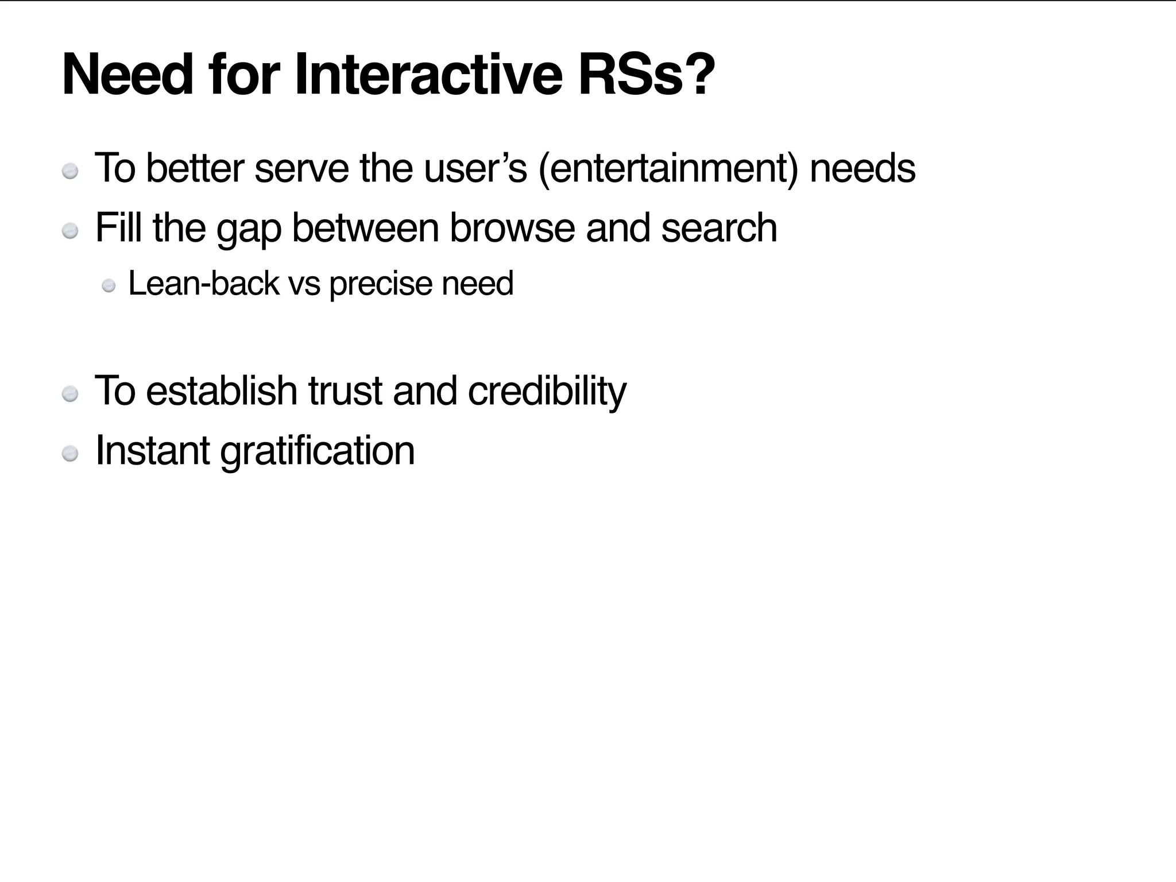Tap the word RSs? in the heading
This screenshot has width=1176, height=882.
(x=647, y=75)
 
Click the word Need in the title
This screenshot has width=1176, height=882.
(x=127, y=75)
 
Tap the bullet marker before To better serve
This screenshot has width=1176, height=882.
(x=70, y=172)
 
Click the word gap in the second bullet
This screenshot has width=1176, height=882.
(x=249, y=229)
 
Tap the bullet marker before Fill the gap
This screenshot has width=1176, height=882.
(x=70, y=231)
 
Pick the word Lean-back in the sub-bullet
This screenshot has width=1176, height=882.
(x=204, y=283)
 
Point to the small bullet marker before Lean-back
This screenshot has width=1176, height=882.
(x=109, y=286)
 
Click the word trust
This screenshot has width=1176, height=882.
(x=345, y=390)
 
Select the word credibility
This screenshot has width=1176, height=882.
(x=547, y=392)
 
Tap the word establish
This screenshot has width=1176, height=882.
(x=221, y=390)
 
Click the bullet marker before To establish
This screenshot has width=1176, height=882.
(x=70, y=394)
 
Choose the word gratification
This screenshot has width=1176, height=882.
(x=318, y=451)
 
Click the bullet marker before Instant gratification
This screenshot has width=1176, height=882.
(x=70, y=454)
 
